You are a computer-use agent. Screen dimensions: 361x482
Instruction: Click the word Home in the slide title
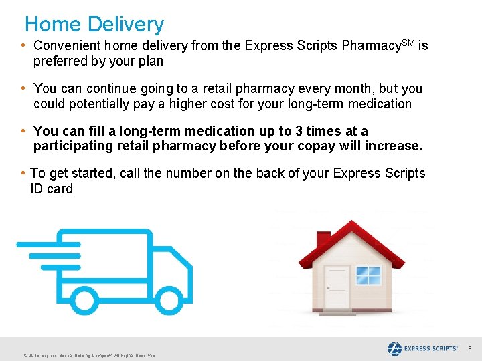click(53, 25)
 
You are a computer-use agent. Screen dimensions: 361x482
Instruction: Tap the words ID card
click(52, 189)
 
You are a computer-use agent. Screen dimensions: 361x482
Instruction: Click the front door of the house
click(337, 287)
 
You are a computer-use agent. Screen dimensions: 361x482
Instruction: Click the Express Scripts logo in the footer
click(422, 348)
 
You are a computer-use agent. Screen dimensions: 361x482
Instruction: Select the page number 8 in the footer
click(469, 348)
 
